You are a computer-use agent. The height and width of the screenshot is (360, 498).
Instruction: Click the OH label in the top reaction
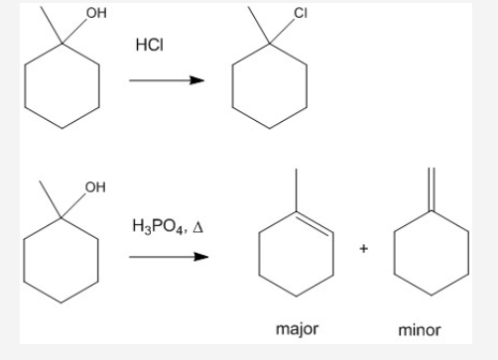point(95,13)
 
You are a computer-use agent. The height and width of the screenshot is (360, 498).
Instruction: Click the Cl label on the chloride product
point(301,14)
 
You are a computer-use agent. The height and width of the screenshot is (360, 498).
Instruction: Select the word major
point(297,328)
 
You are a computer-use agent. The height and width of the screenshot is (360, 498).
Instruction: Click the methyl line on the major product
point(295,188)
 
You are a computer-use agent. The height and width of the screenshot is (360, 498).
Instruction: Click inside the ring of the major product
point(295,251)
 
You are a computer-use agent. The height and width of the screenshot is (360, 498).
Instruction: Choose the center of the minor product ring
point(431,251)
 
